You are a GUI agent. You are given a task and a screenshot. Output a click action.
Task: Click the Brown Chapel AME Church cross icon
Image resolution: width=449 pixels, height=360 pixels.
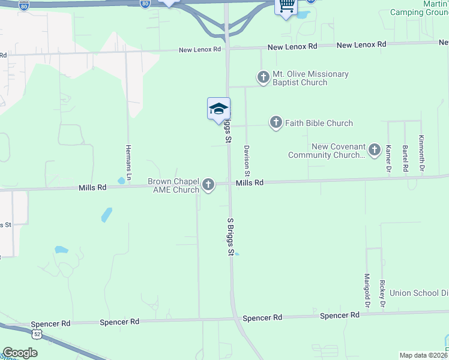pos(208,185)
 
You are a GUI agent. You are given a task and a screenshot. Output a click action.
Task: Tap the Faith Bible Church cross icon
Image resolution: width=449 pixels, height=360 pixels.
pos(276,123)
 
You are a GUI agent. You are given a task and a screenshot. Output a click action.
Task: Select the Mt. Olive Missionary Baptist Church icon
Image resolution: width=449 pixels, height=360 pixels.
pos(263,77)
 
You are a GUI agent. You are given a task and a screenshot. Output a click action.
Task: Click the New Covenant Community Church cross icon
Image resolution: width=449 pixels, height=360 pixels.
pos(375,150)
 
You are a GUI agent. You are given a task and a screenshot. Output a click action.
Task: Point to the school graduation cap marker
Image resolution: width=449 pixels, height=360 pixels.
pos(218,109)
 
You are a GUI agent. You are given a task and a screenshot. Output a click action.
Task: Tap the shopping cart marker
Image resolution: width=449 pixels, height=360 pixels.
pos(286,6)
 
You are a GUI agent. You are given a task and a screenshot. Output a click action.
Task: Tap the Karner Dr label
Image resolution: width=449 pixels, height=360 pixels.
pos(389,158)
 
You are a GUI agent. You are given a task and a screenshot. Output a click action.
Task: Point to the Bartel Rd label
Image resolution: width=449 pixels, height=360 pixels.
pos(405,158)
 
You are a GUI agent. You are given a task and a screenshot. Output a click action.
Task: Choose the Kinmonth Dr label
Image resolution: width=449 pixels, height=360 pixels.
pos(421,155)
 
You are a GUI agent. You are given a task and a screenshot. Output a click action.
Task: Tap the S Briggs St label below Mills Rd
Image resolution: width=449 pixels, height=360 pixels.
pos(230,238)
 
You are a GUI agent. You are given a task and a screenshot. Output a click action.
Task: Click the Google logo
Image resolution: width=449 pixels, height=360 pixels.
pos(20,353)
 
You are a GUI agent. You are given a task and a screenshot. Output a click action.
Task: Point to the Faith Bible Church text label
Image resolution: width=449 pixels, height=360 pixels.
pos(319,123)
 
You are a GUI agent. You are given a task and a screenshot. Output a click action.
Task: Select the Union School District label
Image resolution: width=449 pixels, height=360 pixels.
pos(419,293)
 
